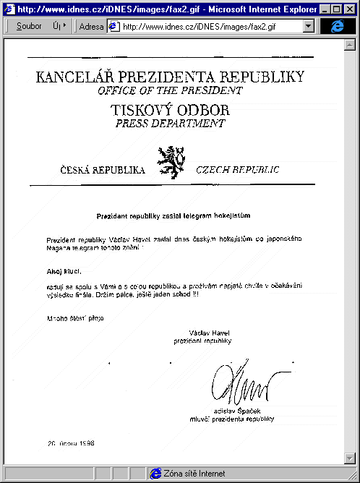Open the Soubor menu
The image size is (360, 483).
(x=29, y=26)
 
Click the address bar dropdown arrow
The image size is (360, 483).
(x=309, y=26)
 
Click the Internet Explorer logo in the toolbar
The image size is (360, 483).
(x=338, y=26)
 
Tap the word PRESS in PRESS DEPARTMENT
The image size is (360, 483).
(x=134, y=124)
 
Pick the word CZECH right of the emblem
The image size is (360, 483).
(x=215, y=171)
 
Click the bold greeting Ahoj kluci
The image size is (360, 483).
(x=62, y=272)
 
